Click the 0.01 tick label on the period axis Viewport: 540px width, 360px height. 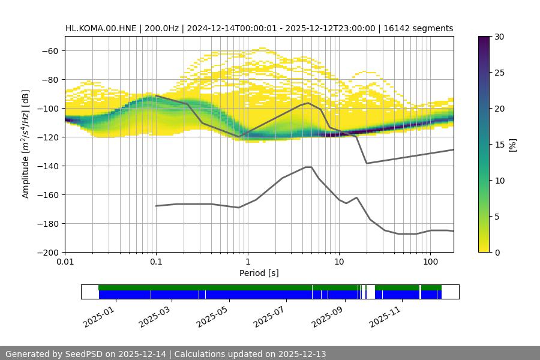point(65,262)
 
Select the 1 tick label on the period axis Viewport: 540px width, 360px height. point(247,262)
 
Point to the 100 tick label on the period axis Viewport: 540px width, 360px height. point(430,262)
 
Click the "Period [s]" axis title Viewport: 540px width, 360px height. point(259,273)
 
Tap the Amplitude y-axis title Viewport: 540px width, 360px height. point(26,144)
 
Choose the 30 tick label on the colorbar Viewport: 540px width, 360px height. point(499,37)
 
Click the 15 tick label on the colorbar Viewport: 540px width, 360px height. point(499,145)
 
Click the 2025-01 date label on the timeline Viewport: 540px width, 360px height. point(97,314)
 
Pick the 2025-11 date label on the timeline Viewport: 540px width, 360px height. point(385,314)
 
